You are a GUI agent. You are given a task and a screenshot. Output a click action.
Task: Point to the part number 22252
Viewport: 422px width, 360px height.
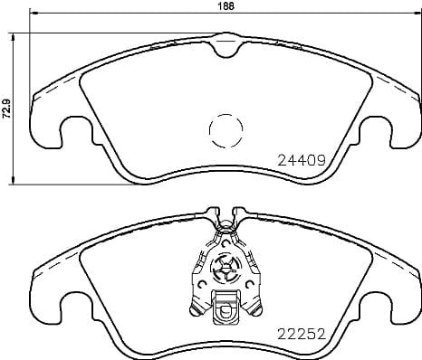point(300,332)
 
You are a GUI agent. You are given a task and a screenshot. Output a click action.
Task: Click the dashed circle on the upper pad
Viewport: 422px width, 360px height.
point(226,134)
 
